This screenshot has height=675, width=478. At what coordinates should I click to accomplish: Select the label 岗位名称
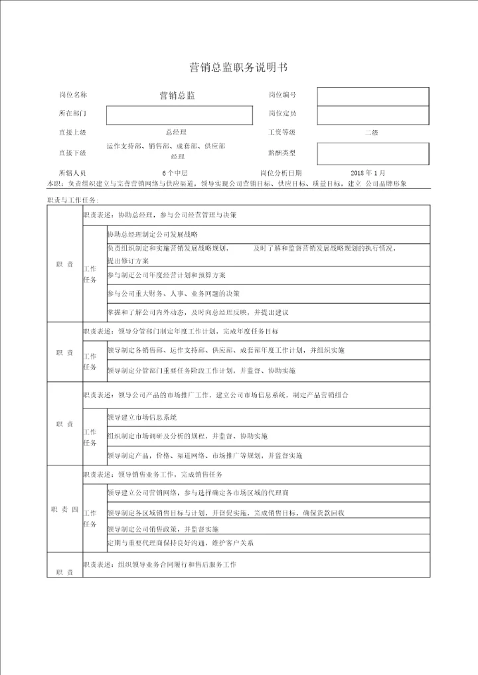(x=73, y=95)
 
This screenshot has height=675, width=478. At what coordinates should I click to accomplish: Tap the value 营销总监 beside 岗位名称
(x=177, y=96)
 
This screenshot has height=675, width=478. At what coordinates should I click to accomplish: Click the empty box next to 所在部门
(x=179, y=115)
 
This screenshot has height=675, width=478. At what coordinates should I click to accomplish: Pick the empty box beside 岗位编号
(x=372, y=96)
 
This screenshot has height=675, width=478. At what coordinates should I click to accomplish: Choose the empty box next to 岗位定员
(x=372, y=115)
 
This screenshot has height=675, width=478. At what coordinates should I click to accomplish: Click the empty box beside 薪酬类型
(x=372, y=153)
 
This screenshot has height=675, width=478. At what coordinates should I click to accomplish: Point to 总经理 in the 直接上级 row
(x=176, y=133)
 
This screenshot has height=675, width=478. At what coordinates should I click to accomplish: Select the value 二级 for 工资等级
(x=371, y=133)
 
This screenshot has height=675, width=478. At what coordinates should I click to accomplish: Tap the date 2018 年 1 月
(x=367, y=172)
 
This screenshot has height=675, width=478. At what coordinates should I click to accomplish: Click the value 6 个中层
(x=176, y=172)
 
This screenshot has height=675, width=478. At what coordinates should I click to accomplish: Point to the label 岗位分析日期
(x=285, y=172)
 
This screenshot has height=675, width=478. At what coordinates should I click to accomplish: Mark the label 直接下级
(x=73, y=153)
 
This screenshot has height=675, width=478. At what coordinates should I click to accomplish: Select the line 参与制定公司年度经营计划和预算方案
(x=166, y=275)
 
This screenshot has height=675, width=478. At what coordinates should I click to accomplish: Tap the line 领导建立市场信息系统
(x=142, y=417)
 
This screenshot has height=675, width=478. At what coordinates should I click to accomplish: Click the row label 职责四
(x=64, y=509)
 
